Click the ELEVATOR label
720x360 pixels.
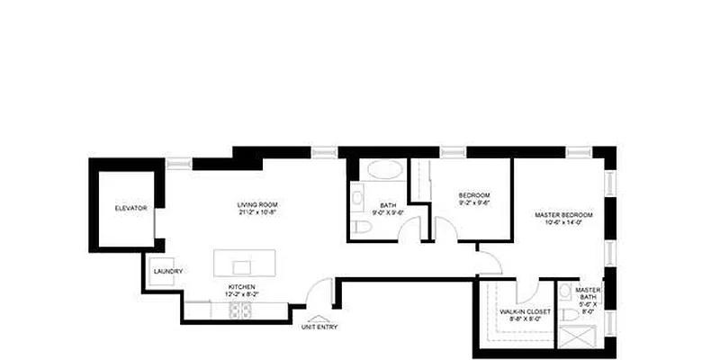[130, 209]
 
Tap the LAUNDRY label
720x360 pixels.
[168, 272]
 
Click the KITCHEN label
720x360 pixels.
[241, 288]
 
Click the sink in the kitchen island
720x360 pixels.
[240, 267]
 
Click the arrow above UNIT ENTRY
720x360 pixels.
[317, 318]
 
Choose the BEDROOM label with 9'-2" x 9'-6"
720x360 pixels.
[473, 196]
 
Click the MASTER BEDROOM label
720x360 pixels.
[563, 214]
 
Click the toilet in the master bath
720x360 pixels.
[568, 314]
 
